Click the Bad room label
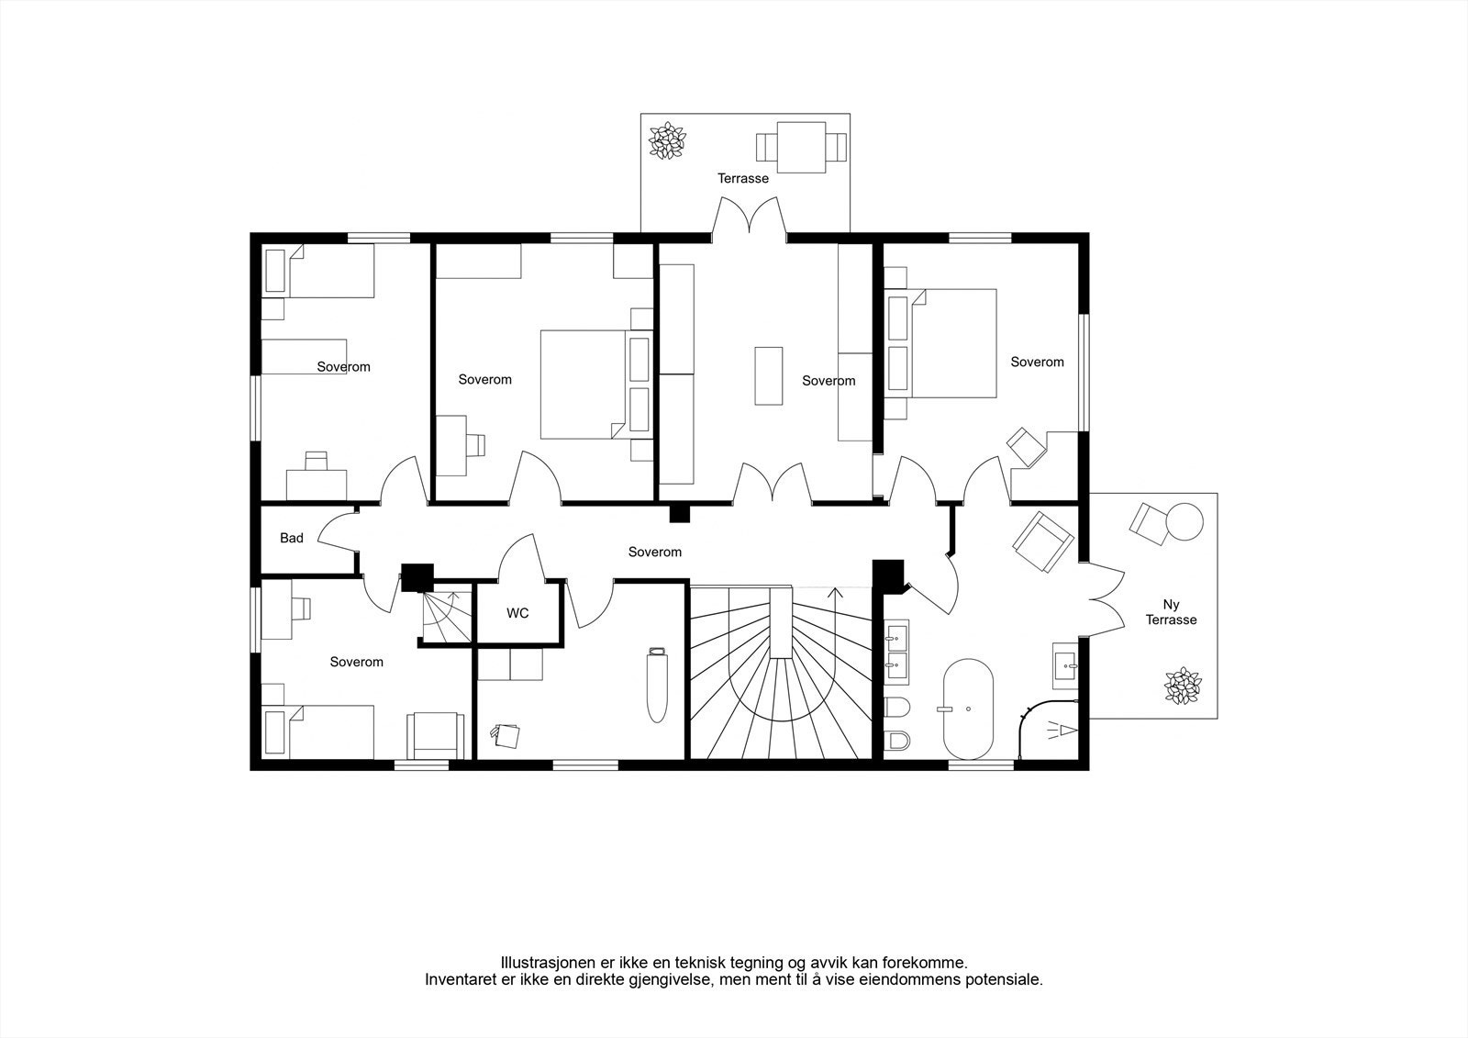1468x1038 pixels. (x=292, y=538)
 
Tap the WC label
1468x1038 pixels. (x=517, y=613)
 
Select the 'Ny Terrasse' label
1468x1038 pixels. (x=1171, y=612)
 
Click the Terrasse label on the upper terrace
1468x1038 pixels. (x=743, y=178)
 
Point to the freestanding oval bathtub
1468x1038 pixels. (x=968, y=709)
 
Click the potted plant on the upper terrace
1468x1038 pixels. (x=667, y=140)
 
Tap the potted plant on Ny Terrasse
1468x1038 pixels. (x=1183, y=686)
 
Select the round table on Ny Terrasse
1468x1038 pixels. (x=1184, y=521)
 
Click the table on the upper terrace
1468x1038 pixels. (x=801, y=148)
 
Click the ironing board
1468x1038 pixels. (x=657, y=686)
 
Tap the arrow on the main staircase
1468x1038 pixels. (x=836, y=622)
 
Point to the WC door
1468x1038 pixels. (x=522, y=557)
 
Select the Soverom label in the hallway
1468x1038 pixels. (x=655, y=552)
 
